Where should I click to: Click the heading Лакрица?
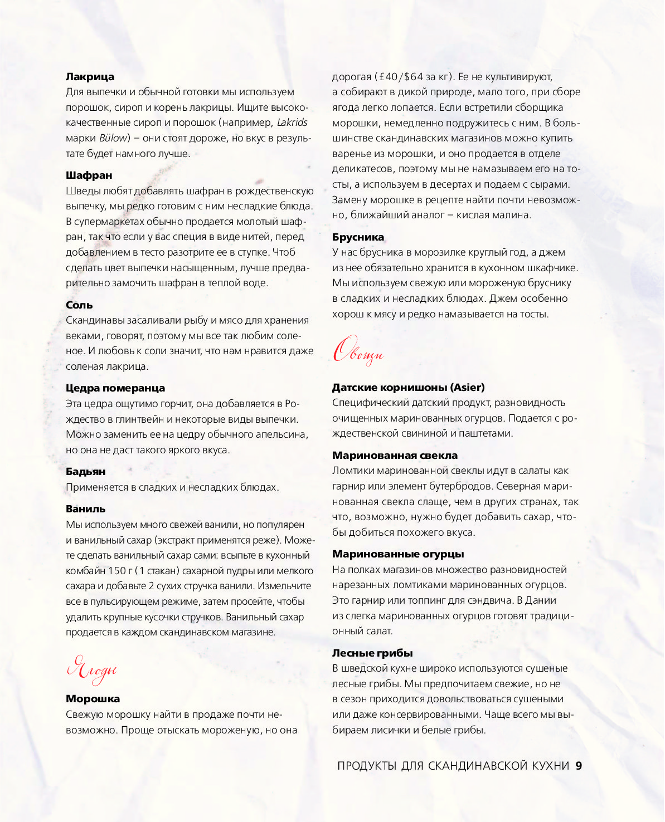90,77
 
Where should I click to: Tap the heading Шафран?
89,175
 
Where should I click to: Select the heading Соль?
79,305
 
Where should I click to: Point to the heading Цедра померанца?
115,388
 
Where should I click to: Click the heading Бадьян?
85,472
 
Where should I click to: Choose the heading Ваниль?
85,509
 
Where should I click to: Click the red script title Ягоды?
92,670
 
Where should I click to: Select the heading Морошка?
93,699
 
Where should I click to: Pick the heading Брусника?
358,237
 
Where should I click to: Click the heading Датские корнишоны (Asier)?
408,387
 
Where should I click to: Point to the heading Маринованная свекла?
395,456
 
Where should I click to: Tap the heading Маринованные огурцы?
398,554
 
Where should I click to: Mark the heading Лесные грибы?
372,653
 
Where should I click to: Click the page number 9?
579,766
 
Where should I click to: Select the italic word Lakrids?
292,123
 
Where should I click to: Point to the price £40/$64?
399,77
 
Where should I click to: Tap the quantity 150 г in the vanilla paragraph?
120,571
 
